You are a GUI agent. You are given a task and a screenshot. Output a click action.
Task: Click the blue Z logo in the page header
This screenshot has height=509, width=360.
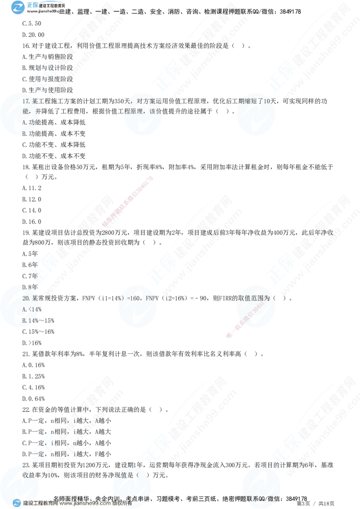coord(18,7)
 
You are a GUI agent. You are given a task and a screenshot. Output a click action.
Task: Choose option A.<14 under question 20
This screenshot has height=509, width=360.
coord(28,309)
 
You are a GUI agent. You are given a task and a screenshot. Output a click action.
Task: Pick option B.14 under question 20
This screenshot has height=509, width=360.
coord(28,320)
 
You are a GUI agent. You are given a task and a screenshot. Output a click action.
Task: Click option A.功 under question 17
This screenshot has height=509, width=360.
coord(28,121)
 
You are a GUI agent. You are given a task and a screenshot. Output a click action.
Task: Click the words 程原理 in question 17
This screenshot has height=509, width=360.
coord(144,111)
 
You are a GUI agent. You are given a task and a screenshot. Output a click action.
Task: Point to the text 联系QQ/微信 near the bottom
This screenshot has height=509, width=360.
coord(261,498)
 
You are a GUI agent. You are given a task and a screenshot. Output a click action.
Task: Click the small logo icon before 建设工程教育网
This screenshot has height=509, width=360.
coord(17,503)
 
